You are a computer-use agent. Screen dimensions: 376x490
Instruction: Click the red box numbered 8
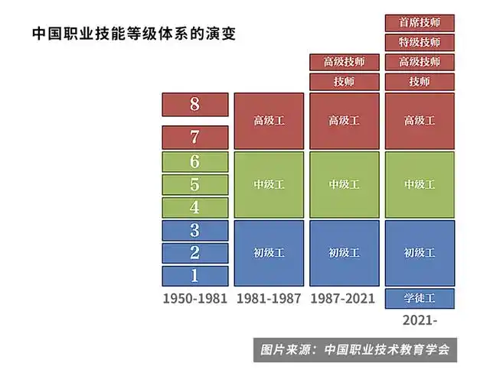(x=195, y=104)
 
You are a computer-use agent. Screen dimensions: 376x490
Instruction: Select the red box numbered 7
(x=195, y=138)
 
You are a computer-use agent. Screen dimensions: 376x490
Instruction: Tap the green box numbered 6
(x=195, y=161)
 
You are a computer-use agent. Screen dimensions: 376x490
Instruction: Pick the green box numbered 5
(x=195, y=184)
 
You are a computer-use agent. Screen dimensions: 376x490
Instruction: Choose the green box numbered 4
(x=195, y=207)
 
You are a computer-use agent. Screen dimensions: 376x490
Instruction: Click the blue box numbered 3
(x=195, y=230)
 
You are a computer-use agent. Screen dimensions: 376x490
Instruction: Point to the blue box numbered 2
(x=195, y=253)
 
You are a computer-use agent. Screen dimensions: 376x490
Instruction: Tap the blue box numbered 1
(x=195, y=276)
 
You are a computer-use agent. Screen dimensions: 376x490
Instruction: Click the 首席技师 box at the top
(x=420, y=23)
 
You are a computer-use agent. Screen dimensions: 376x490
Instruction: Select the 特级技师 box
(x=420, y=42)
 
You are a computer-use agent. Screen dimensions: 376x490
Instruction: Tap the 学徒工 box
(x=420, y=297)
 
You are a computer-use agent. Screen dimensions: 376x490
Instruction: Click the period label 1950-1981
(x=195, y=298)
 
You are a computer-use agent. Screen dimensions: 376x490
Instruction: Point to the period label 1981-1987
(x=268, y=298)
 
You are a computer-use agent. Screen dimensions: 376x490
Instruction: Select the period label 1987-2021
(x=344, y=298)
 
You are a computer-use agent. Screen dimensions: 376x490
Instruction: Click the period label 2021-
(x=420, y=318)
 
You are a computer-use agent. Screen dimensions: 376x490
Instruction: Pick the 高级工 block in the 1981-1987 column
(x=268, y=121)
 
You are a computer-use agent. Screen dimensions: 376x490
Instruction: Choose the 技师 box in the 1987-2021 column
(x=344, y=81)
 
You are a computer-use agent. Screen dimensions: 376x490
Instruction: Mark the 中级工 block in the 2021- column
(x=420, y=184)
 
